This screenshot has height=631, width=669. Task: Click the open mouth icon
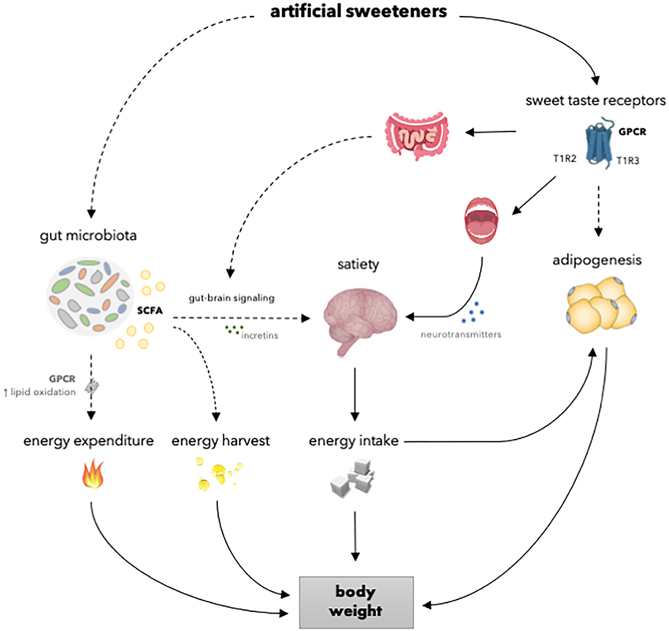[483, 219]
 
